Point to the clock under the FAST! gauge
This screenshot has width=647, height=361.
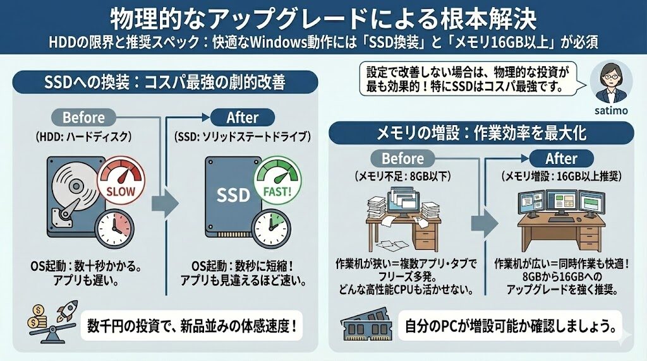pos(270,225)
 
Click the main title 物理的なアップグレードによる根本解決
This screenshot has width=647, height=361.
pos(323,19)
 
